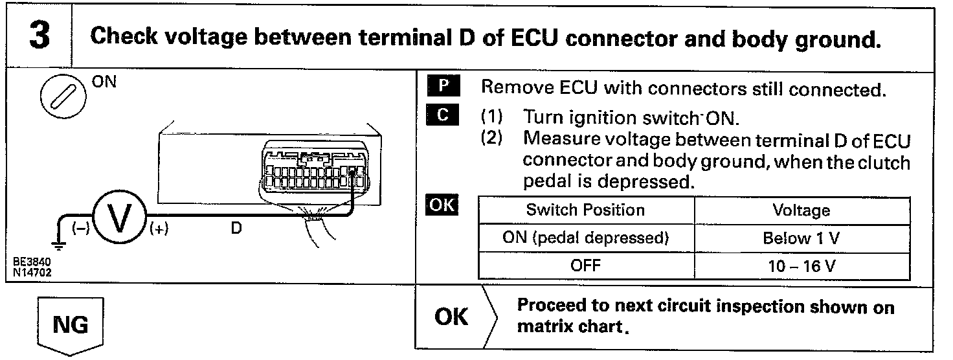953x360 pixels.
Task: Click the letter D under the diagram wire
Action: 236,229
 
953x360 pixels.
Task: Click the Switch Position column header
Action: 585,210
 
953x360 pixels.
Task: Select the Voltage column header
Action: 801,210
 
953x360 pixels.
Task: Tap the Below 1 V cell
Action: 801,238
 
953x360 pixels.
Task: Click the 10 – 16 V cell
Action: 801,265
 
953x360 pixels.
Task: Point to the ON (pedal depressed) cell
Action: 585,238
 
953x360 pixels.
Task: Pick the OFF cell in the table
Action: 585,265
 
